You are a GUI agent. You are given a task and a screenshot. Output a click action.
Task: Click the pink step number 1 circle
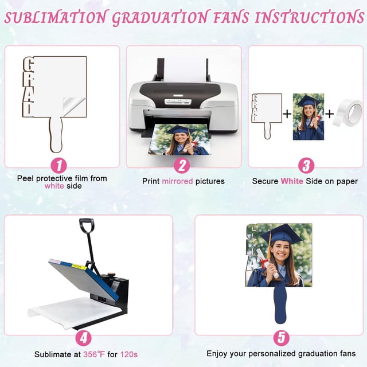coord(58,166)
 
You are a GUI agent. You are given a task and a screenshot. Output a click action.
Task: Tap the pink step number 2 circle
coord(182,166)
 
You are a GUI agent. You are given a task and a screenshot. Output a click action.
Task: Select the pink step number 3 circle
coord(306,166)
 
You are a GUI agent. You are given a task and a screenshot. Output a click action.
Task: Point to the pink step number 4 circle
coord(84,338)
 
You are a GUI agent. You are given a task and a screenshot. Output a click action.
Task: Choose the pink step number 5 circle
coord(282,338)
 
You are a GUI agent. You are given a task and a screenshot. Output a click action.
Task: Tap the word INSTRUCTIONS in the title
coord(309,17)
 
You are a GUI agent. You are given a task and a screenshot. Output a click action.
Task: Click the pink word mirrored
coord(177,181)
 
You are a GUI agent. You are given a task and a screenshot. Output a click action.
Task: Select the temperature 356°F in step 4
coord(94,354)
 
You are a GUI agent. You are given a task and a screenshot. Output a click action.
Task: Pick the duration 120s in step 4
coord(129,354)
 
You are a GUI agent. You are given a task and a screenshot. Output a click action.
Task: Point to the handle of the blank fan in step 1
coord(56,134)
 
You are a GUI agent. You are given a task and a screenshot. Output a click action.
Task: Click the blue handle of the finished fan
coord(280,304)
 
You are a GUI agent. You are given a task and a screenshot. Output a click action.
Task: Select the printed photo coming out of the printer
coord(179,139)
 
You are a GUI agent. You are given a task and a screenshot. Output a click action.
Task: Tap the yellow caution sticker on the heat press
coord(79,266)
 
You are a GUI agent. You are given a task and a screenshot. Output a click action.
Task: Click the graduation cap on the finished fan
coord(281,234)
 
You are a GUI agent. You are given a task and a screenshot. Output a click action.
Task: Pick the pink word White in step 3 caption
coord(292,181)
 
